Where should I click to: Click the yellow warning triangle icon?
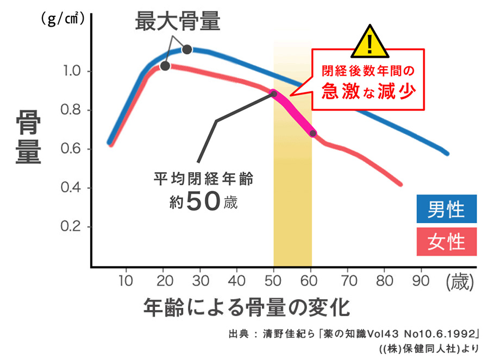click(370, 42)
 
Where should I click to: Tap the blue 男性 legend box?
click(446, 209)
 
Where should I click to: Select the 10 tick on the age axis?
click(126, 281)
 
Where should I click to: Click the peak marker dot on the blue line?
click(187, 49)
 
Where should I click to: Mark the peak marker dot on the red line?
click(165, 66)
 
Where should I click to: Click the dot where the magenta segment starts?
click(274, 94)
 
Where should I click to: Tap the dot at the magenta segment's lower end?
click(313, 133)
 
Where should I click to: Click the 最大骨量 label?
click(178, 22)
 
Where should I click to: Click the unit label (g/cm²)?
click(62, 20)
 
